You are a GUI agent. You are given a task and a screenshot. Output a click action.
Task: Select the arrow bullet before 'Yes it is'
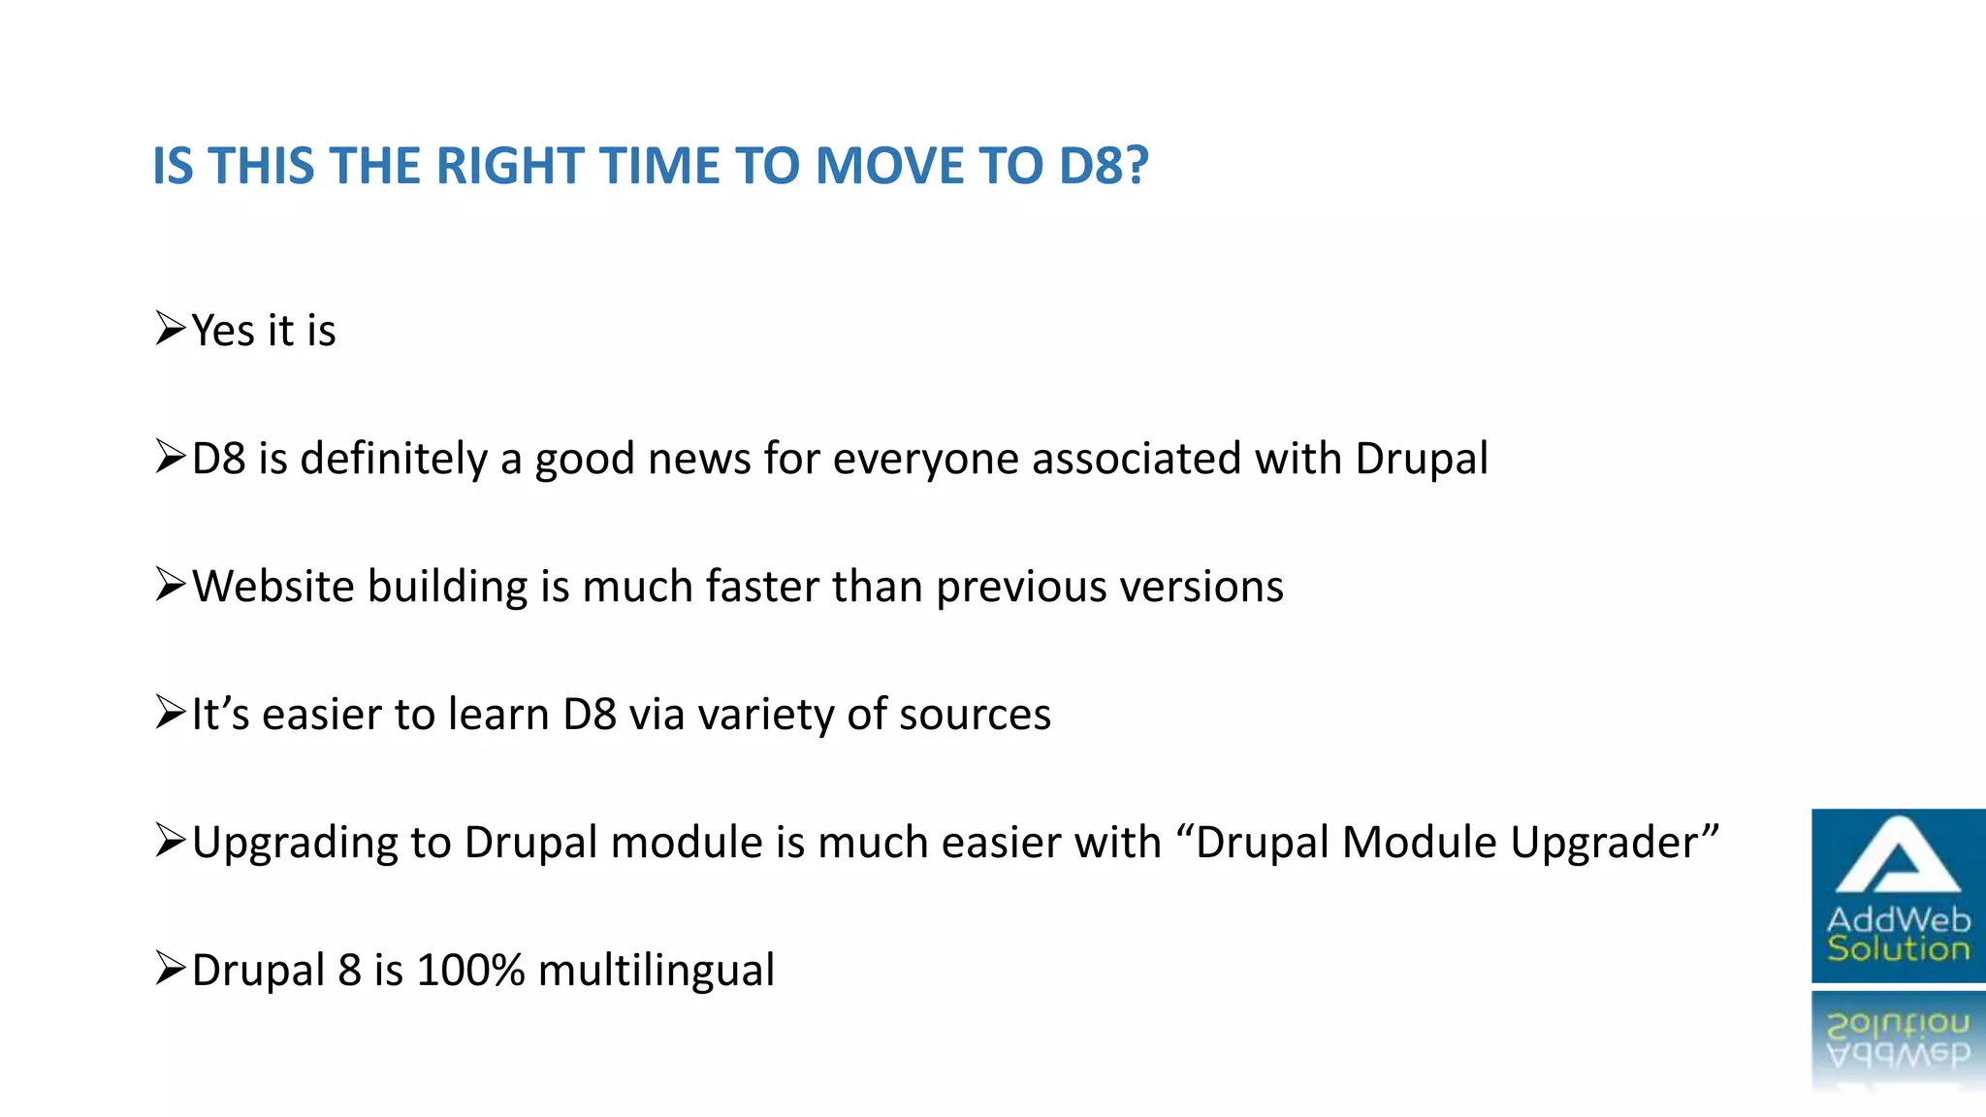(x=170, y=330)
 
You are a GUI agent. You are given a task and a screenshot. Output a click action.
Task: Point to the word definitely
(x=394, y=459)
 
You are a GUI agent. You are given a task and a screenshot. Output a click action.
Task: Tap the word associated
(x=1137, y=459)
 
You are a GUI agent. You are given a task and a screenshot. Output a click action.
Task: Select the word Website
(x=273, y=587)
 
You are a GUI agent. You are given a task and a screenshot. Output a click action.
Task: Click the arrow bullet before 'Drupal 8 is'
(x=170, y=969)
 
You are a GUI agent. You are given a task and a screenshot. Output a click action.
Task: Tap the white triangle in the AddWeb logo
(x=1898, y=857)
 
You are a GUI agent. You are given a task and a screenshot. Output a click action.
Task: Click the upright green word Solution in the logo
(x=1898, y=948)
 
